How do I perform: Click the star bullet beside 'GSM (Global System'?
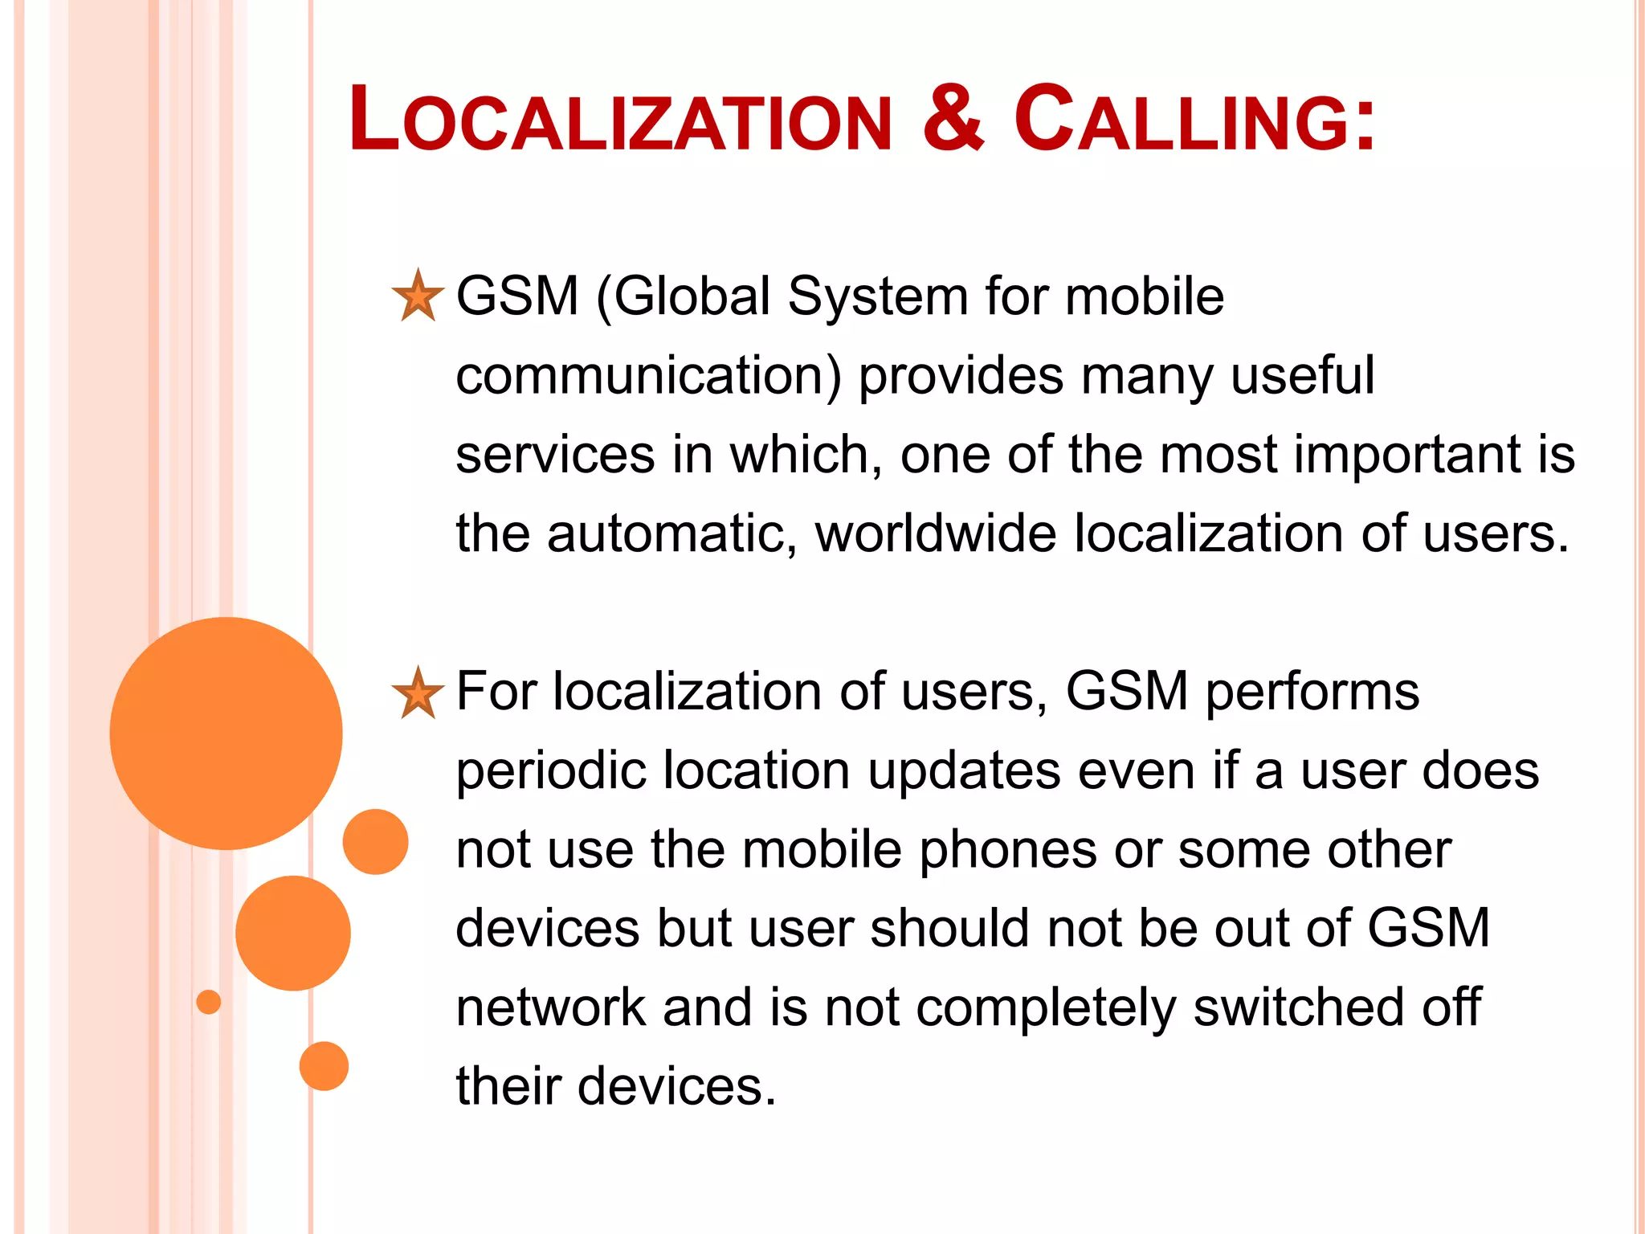[x=418, y=296]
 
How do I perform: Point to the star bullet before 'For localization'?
[x=418, y=693]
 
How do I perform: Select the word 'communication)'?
[x=648, y=376]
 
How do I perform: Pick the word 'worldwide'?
[x=936, y=534]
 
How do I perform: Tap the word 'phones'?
[x=1007, y=850]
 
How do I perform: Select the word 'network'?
[x=551, y=1007]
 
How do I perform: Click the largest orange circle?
[x=227, y=733]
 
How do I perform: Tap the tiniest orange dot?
[x=209, y=1002]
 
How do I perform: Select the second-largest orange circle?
[x=293, y=933]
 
